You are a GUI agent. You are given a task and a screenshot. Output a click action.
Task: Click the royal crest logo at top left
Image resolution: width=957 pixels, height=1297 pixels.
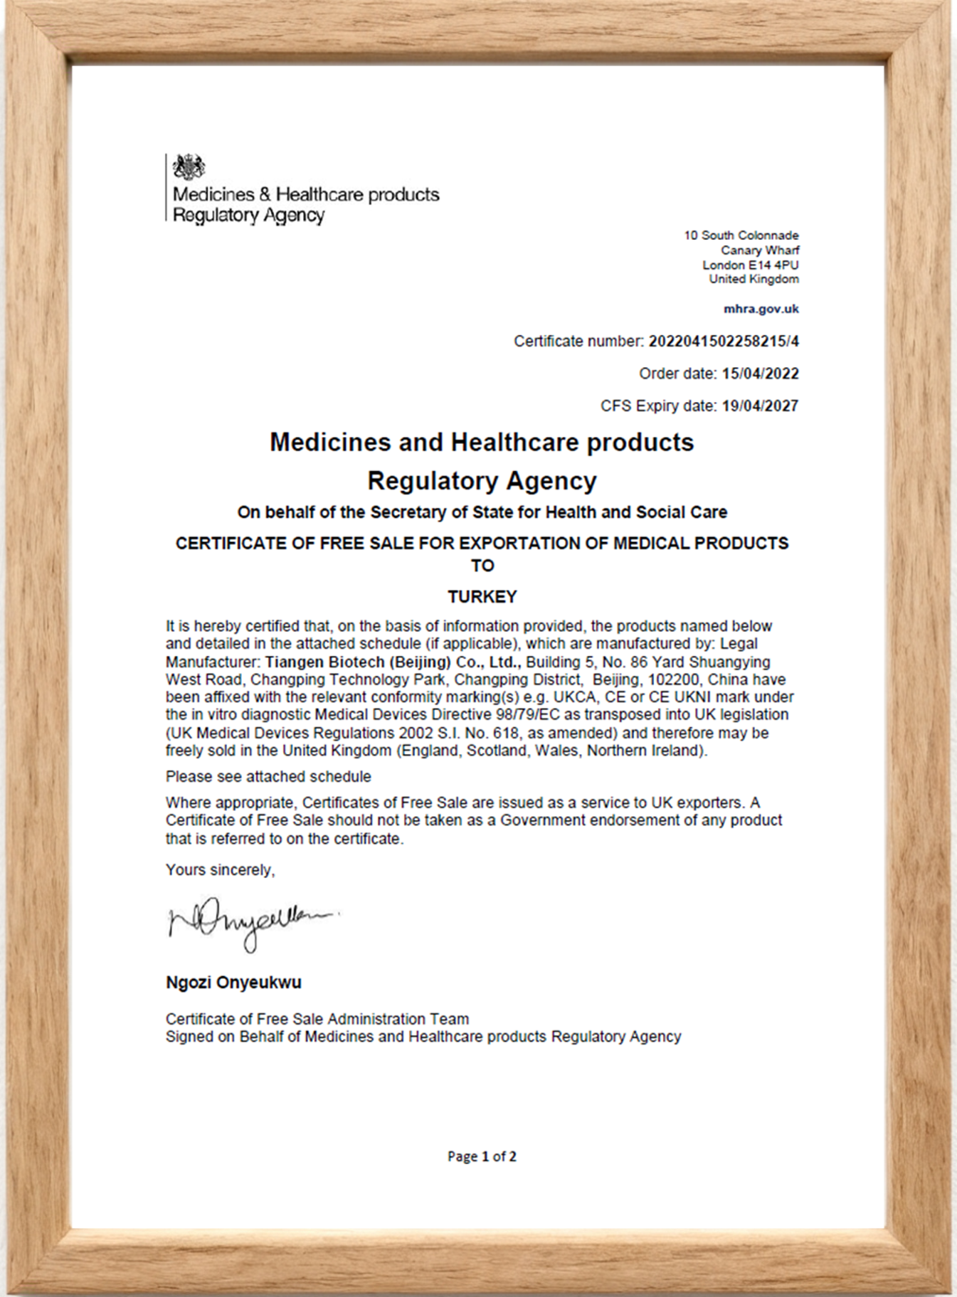click(189, 167)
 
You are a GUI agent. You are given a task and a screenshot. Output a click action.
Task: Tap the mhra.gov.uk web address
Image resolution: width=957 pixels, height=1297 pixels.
click(761, 309)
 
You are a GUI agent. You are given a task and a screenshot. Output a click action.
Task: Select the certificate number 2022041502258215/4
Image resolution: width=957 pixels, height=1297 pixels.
click(723, 342)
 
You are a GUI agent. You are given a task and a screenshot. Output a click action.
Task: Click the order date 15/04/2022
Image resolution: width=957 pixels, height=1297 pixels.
click(760, 374)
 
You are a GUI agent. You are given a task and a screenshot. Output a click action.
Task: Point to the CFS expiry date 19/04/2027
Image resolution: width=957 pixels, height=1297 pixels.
click(760, 406)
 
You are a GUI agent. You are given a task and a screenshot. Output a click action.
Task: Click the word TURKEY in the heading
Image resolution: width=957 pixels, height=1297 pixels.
click(482, 597)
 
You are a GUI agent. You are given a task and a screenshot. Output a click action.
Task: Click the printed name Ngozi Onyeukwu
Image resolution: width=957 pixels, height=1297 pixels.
click(233, 983)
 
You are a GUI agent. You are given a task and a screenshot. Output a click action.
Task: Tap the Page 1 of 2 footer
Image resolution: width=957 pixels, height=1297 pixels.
click(482, 1156)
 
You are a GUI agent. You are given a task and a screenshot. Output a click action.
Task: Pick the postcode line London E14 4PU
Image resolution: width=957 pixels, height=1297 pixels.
click(750, 265)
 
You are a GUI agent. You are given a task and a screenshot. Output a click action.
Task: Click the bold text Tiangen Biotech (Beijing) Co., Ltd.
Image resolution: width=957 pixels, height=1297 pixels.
click(393, 662)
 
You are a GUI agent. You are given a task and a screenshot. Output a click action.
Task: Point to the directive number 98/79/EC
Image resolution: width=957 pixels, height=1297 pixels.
click(526, 714)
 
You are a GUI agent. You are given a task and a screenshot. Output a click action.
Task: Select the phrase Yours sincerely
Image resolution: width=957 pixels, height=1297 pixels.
click(220, 869)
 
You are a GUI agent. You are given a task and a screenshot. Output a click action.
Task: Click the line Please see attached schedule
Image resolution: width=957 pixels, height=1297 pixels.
click(268, 776)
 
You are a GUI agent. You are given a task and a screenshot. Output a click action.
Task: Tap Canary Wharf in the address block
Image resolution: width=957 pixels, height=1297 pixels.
click(759, 250)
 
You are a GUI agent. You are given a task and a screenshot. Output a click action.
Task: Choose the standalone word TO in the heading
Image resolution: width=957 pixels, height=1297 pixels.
click(482, 566)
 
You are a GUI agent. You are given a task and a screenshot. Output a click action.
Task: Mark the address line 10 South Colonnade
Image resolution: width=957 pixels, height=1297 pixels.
click(741, 235)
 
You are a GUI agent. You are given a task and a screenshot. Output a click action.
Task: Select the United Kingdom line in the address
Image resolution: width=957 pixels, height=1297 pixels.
click(754, 279)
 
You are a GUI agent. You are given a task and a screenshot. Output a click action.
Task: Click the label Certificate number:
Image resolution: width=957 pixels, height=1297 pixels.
click(578, 342)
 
